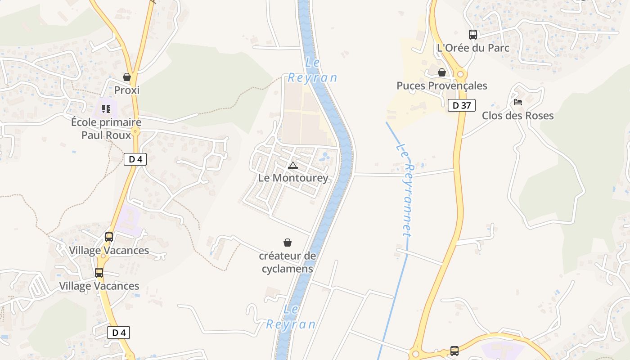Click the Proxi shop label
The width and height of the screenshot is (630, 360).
[x=126, y=90]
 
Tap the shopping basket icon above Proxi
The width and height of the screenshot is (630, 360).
[x=127, y=77]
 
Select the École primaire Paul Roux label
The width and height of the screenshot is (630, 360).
[x=106, y=128]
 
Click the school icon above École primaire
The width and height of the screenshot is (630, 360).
[x=106, y=108]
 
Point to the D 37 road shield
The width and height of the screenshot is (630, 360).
[x=462, y=106]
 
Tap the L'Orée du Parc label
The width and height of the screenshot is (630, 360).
[x=473, y=48]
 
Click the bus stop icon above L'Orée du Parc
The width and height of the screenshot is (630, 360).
[x=472, y=34]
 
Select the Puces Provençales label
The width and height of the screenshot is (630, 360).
[x=441, y=85]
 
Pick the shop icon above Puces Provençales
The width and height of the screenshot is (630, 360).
[x=442, y=72]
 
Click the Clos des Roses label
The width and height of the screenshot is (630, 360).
[x=517, y=116]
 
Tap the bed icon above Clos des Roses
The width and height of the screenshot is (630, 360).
[x=518, y=102]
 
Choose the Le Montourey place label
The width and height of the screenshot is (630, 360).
[x=293, y=178]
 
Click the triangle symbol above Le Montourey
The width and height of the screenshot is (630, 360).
[x=293, y=165]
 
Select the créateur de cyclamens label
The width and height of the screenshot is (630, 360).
[x=287, y=262]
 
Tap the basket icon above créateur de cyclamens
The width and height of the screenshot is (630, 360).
[x=288, y=243]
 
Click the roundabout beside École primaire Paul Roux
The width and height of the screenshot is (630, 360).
[x=136, y=131]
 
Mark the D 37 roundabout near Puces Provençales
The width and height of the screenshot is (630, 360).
[x=460, y=74]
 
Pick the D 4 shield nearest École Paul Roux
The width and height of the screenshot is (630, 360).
[x=135, y=159]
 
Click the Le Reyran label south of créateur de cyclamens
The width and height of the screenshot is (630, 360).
[x=291, y=317]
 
